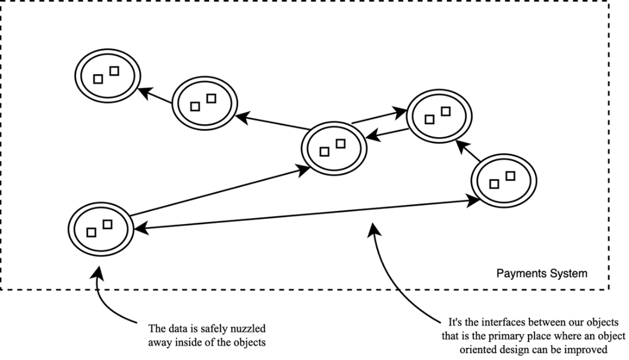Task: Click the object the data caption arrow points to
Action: point(100,227)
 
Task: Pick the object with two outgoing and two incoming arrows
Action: point(333,147)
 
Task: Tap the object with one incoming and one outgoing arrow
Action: point(204,102)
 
